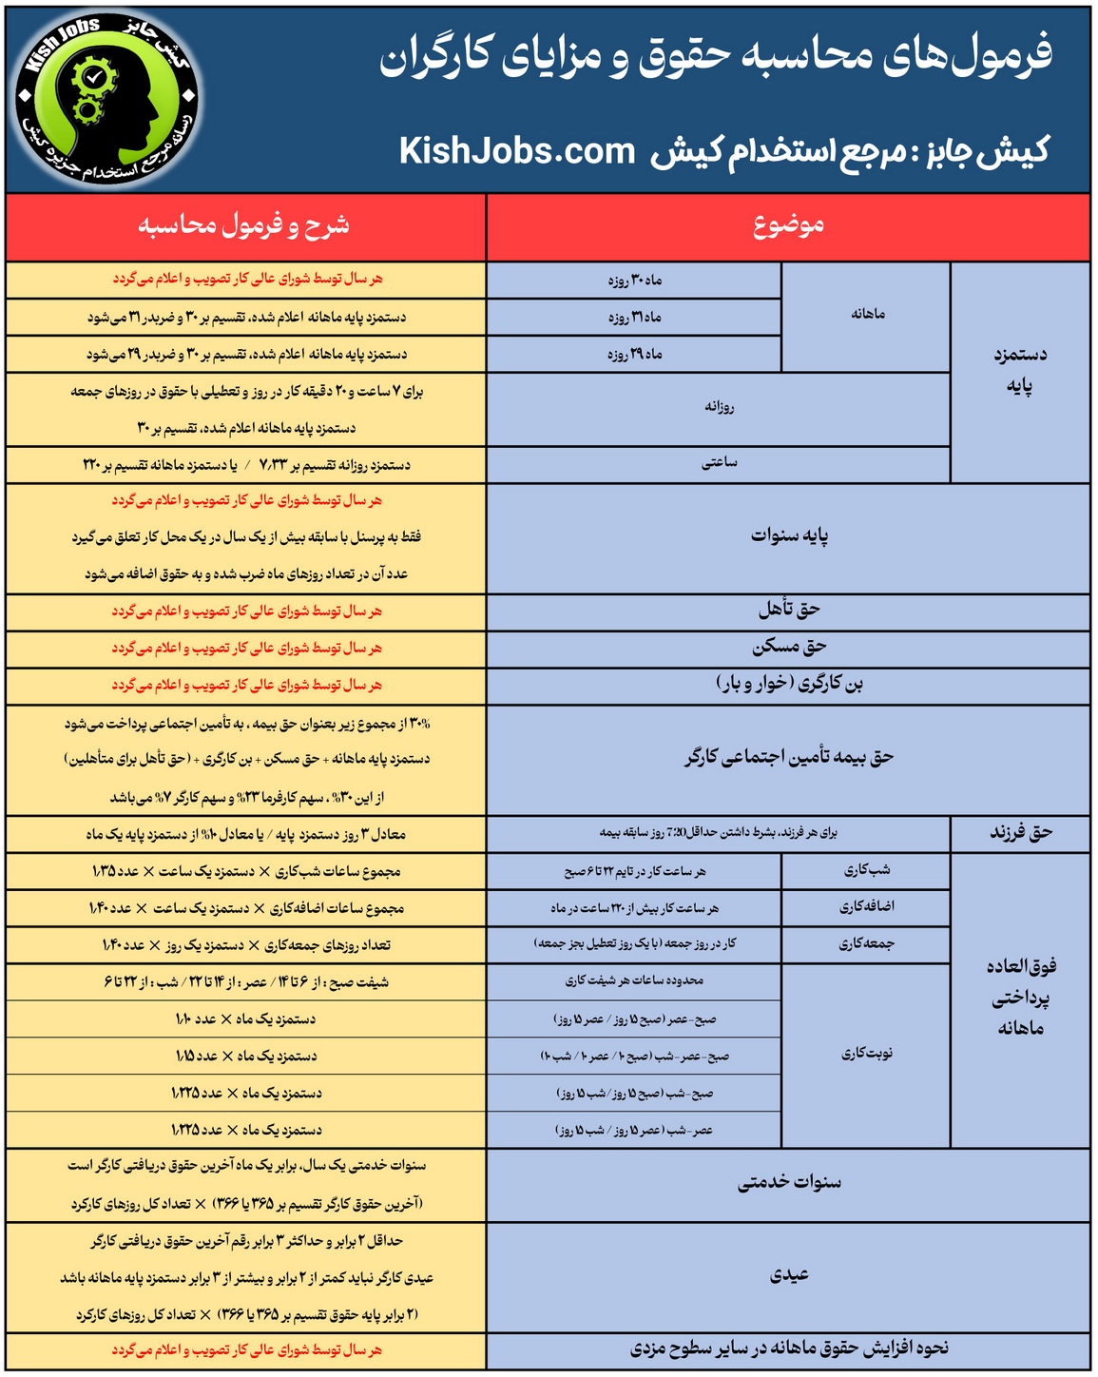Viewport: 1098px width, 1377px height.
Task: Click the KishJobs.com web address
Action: coord(516,151)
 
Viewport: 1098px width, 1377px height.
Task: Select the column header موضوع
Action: coord(788,225)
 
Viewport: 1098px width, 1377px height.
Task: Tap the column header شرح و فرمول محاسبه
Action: coord(244,225)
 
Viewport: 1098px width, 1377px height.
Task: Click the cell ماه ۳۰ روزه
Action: coord(634,280)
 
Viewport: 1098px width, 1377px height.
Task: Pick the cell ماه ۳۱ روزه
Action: coord(634,317)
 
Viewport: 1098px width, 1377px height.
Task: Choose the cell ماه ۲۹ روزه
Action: coord(634,354)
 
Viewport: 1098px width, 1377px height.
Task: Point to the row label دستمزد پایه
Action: coord(1020,370)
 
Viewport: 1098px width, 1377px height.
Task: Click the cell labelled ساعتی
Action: coord(719,463)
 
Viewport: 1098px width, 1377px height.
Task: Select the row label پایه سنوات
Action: coord(788,536)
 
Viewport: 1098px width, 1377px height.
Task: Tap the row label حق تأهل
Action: coord(788,610)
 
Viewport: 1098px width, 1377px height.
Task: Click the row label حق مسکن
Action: coord(788,647)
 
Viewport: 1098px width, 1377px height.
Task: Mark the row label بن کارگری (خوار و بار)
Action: coord(788,684)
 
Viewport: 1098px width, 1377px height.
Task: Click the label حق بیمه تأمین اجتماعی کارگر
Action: coord(788,758)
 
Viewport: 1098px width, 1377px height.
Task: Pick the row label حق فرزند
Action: coord(1021,833)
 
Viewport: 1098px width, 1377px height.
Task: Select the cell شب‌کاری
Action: coord(866,870)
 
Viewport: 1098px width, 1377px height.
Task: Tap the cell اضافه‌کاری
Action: coord(866,906)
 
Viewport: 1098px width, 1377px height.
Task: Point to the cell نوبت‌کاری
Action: coord(866,1054)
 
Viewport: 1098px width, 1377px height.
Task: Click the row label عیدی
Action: coord(788,1275)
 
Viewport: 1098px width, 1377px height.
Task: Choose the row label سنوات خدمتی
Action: coord(788,1183)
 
